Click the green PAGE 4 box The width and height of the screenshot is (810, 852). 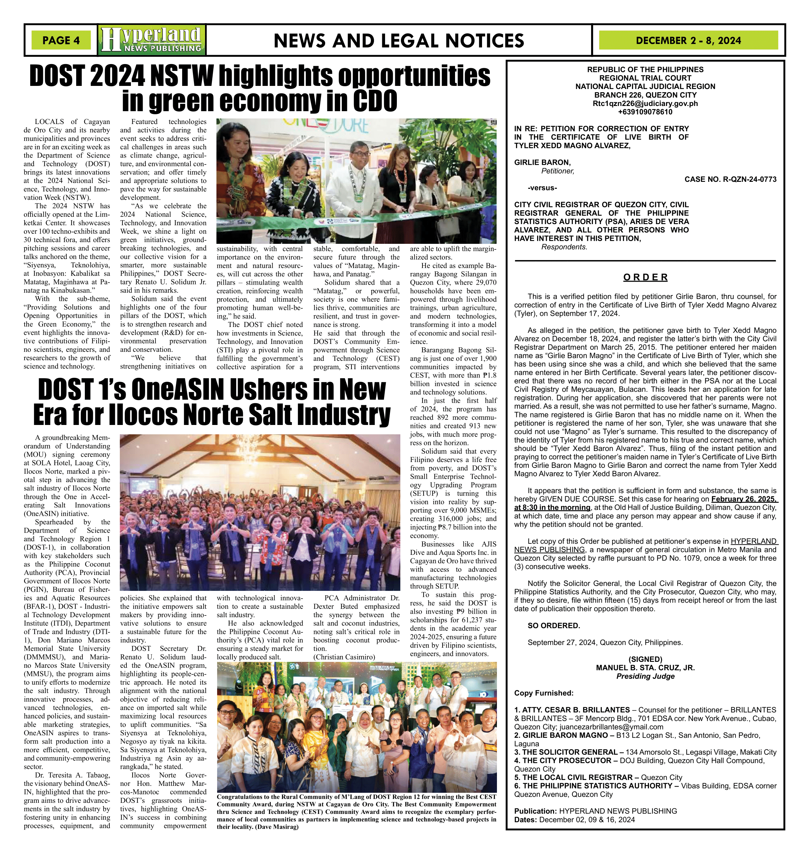point(61,40)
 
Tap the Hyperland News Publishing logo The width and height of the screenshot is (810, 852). point(152,40)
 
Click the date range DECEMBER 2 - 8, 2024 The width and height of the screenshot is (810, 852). point(688,41)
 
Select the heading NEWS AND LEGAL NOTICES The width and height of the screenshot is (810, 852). point(399,41)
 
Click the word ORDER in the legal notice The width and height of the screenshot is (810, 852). point(645,277)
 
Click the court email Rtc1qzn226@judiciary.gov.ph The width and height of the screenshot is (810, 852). point(645,104)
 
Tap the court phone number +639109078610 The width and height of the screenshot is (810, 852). point(645,112)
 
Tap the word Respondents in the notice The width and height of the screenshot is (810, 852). point(564,247)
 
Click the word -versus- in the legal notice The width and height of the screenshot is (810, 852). point(542,188)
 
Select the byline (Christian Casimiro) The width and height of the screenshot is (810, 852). point(344,657)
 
